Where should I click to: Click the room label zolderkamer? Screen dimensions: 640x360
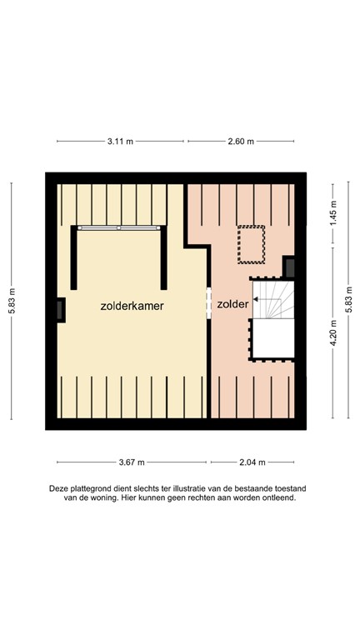[x=132, y=306]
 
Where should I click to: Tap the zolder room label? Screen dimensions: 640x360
[x=232, y=305]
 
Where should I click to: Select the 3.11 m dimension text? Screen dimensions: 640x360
[x=120, y=142]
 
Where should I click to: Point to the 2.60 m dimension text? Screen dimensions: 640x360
[x=240, y=142]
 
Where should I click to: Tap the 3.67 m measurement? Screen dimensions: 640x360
[x=131, y=462]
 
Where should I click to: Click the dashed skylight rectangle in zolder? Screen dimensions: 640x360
[x=251, y=243]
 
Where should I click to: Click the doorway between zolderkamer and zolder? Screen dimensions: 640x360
[x=208, y=303]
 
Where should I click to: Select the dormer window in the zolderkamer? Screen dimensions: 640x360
[x=120, y=227]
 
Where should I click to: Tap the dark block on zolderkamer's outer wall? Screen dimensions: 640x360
[x=61, y=309]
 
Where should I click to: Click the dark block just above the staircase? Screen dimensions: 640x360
[x=289, y=267]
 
